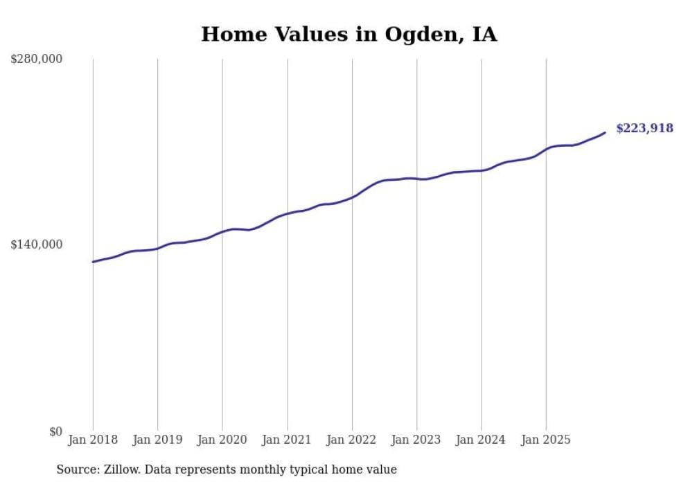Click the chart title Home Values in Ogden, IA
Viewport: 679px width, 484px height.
(x=349, y=34)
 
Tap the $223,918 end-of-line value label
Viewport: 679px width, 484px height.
(x=644, y=127)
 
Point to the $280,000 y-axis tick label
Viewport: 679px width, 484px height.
(x=37, y=60)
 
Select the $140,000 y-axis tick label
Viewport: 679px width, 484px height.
(x=37, y=244)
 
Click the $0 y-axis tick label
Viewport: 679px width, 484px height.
(x=55, y=431)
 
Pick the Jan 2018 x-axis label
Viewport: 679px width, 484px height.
(x=93, y=440)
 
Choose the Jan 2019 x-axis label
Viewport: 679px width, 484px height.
(x=157, y=440)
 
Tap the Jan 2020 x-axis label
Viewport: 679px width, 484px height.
(x=222, y=440)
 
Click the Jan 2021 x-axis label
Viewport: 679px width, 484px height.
(x=287, y=440)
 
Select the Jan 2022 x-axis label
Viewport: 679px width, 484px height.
(x=352, y=440)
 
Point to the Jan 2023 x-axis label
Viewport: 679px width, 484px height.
(x=416, y=440)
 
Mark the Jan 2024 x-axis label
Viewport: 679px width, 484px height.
(x=482, y=440)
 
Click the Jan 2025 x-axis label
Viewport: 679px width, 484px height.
(x=546, y=440)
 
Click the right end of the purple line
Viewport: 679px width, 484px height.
(x=605, y=132)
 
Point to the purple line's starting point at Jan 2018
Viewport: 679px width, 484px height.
(x=93, y=262)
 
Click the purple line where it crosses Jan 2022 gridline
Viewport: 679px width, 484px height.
(x=352, y=197)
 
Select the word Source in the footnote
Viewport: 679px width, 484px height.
(x=77, y=469)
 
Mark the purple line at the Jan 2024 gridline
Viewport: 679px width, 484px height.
(x=482, y=170)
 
